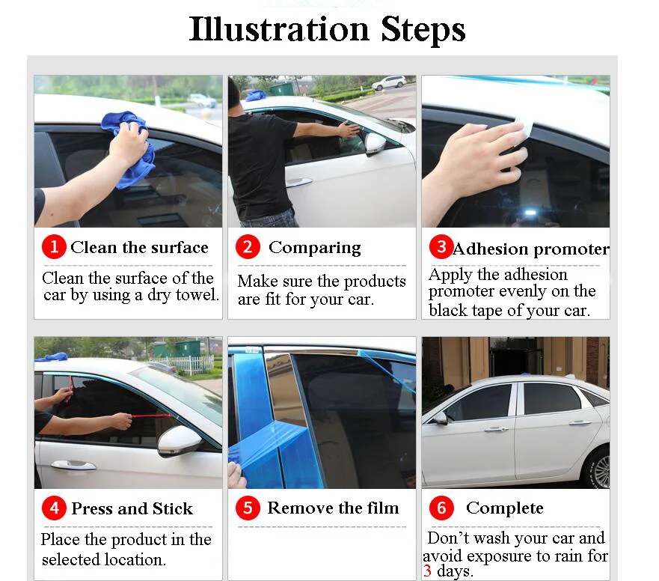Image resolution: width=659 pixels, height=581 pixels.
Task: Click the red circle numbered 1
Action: [54, 246]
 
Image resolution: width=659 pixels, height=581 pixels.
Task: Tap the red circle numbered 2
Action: [248, 246]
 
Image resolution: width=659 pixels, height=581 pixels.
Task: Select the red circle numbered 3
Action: [441, 246]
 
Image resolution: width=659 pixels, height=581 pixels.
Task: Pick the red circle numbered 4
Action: [54, 508]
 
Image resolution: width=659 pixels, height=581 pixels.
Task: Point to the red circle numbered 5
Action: [248, 508]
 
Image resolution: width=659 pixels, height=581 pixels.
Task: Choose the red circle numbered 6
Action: [441, 508]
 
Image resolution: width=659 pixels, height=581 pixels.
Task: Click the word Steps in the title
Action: [423, 29]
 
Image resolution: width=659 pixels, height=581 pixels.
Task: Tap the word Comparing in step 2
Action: [315, 248]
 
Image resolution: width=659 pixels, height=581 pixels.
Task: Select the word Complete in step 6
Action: [505, 508]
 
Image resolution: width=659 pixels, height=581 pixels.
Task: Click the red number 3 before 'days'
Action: [427, 571]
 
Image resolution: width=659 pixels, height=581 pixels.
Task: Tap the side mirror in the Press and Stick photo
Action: [180, 441]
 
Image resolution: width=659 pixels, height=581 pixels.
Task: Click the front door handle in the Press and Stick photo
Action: [73, 465]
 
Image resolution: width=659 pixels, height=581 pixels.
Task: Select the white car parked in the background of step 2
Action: [389, 82]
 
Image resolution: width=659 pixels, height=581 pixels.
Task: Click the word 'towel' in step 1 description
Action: [197, 295]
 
